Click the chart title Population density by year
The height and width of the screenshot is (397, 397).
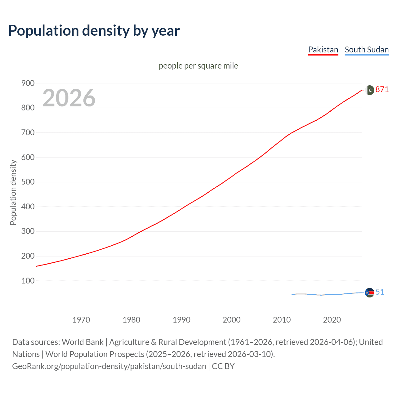94,31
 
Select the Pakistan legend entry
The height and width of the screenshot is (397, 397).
323,50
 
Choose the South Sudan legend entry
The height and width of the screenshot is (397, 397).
367,50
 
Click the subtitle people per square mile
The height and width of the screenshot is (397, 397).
198,66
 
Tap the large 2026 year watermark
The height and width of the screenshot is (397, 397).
69,98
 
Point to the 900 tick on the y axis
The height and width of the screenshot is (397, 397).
28,83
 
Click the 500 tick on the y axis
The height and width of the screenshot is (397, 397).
28,182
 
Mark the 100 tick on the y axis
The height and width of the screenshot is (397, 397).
28,281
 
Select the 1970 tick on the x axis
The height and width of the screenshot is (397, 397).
81,320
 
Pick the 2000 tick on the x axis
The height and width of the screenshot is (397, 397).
232,320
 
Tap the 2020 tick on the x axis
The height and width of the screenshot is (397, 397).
332,320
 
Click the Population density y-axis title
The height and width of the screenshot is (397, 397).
13,192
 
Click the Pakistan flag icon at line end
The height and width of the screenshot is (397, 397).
370,90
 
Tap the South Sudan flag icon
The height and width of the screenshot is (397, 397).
369,292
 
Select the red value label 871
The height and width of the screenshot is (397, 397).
382,90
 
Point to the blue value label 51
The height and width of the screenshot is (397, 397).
380,292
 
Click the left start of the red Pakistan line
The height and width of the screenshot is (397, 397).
37,266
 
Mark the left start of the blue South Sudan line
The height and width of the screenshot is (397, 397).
292,294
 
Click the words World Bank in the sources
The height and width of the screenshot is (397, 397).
83,342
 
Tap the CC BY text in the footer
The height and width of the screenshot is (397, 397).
223,366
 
